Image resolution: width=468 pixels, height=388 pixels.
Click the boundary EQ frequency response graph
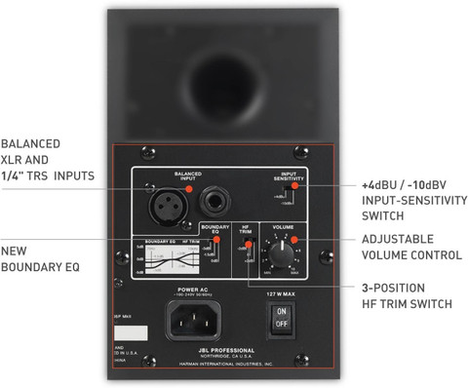click(x=165, y=260)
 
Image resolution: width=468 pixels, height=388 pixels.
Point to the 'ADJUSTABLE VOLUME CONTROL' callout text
click(x=410, y=247)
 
